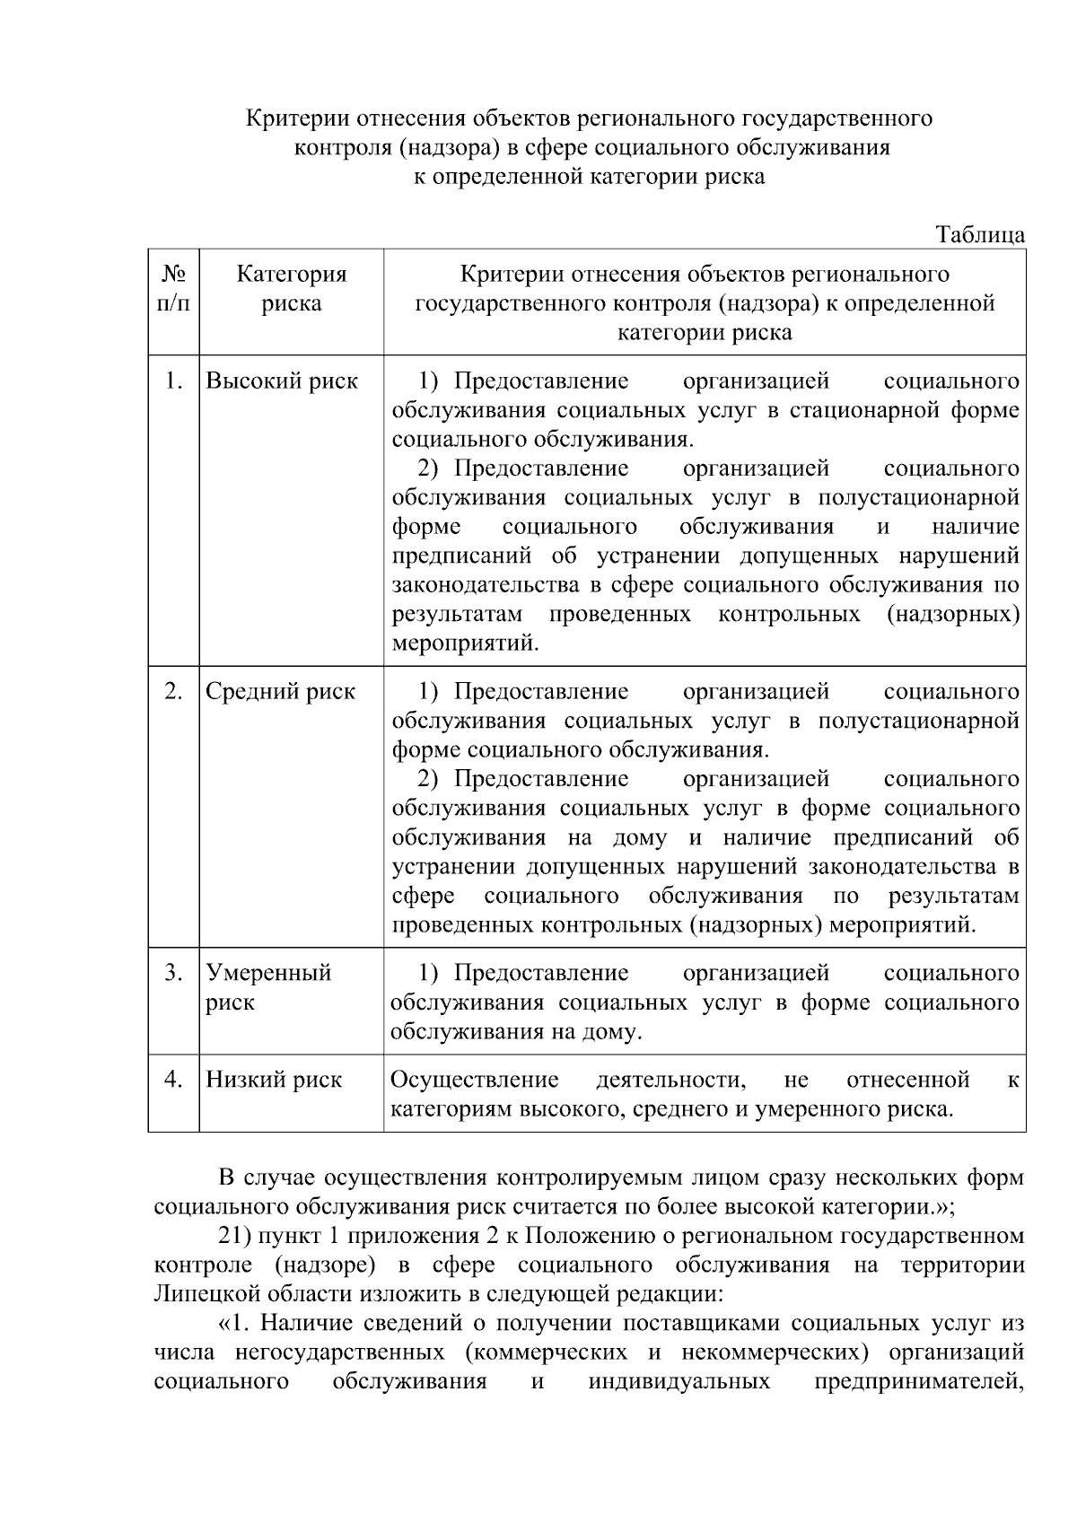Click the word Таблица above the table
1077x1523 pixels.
[x=980, y=235]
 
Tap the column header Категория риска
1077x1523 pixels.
[x=292, y=289]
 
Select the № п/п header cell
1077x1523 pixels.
[x=174, y=289]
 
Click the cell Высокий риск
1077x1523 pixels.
[x=282, y=381]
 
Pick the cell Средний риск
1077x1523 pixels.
[x=280, y=692]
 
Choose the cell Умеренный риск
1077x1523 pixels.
[x=268, y=987]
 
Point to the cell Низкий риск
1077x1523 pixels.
[x=274, y=1080]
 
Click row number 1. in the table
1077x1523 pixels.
[x=174, y=381]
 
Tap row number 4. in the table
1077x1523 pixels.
[x=174, y=1079]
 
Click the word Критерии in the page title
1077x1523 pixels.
[x=298, y=118]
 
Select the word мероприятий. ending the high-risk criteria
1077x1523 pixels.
[x=466, y=643]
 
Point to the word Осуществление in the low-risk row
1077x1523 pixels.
[x=474, y=1080]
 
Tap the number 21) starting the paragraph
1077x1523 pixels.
[x=235, y=1237]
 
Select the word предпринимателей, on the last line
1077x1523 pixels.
[x=918, y=1381]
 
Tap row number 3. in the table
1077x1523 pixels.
[x=174, y=973]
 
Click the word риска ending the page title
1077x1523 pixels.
[x=734, y=177]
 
